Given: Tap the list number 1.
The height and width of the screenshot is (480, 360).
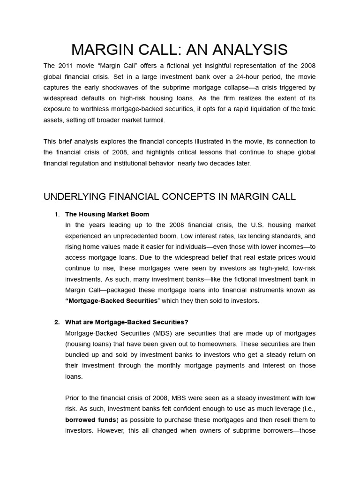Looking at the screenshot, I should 57,214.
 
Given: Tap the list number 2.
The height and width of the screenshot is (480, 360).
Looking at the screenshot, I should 57,322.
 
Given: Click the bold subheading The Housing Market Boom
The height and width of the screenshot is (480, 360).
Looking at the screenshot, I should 107,214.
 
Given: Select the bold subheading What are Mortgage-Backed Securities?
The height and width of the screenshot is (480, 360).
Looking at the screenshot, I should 127,322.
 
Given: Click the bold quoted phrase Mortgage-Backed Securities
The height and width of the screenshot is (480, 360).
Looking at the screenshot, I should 112,300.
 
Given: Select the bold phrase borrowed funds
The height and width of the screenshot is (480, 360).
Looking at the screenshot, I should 90,420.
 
